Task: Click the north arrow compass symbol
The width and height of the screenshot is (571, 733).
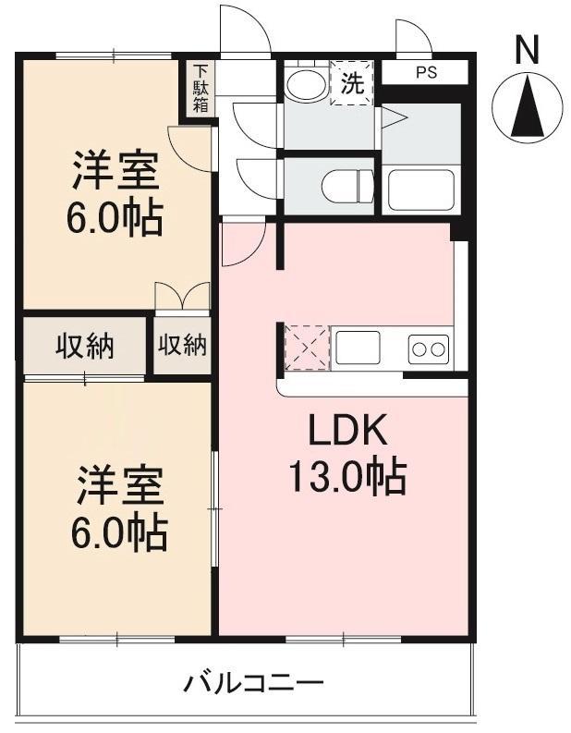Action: point(528,109)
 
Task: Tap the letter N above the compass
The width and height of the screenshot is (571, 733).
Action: point(528,50)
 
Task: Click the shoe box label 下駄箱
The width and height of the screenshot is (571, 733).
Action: point(200,88)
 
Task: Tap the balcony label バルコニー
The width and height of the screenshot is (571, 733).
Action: point(253,685)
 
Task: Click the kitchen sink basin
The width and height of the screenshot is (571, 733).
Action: point(358,348)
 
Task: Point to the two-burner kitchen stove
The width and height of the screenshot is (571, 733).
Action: point(429,349)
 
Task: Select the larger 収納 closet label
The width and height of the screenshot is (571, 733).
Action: point(84,347)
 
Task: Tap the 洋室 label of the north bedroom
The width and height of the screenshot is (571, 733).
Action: point(115,172)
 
